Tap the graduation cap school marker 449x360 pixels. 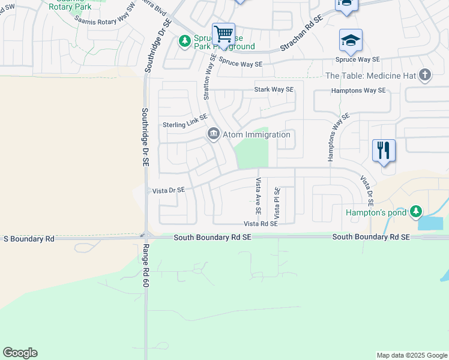pos(351,40)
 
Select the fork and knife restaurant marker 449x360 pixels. pos(384,149)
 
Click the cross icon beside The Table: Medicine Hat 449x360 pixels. pos(425,76)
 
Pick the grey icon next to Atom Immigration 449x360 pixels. pos(213,134)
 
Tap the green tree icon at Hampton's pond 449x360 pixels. pos(415,212)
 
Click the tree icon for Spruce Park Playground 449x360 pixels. pos(185,41)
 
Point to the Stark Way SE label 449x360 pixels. pos(274,90)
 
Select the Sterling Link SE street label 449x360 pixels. pos(185,125)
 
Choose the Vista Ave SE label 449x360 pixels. pos(259,196)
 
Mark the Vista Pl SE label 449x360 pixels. pos(277,203)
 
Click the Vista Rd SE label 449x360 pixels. pos(261,224)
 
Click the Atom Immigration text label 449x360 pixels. pos(256,134)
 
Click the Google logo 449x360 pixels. pos(20,353)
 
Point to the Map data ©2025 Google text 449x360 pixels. pos(411,355)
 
